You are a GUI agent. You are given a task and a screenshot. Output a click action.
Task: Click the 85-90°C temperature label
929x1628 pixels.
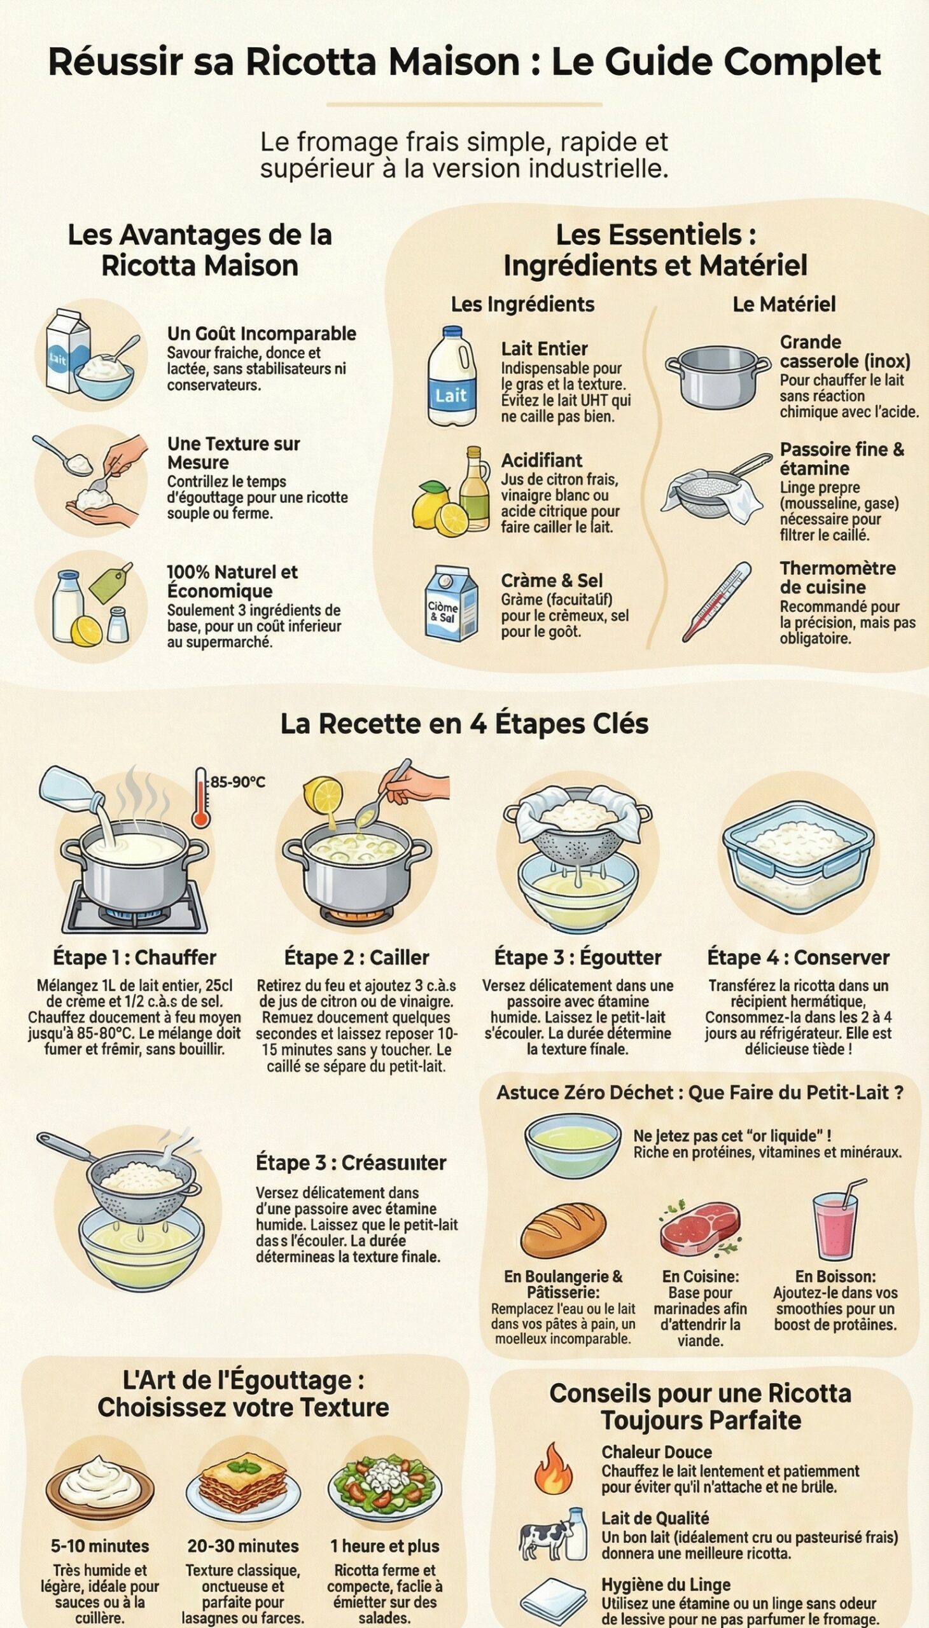237,782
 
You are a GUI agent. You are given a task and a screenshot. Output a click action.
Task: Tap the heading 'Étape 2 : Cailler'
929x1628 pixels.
357,957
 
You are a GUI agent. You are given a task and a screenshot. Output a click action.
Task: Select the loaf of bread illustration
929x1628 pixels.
563,1230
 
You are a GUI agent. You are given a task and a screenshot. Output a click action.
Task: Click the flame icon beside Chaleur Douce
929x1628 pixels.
553,1468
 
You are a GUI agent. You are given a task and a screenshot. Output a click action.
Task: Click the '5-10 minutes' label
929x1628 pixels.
100,1546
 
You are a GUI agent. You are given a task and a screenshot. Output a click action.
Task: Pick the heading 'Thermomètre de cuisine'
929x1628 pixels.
837,577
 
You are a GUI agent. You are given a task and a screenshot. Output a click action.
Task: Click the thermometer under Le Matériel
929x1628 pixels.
716,602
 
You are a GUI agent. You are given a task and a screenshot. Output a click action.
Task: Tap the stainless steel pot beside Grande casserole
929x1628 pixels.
717,376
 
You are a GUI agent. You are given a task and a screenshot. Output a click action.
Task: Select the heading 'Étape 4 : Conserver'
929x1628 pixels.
797,957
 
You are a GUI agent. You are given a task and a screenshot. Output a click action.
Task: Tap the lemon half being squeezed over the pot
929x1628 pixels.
323,795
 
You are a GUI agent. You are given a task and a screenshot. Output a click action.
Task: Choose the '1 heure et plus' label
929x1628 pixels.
385,1546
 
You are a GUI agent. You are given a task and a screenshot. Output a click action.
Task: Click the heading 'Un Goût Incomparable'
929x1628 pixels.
262,333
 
